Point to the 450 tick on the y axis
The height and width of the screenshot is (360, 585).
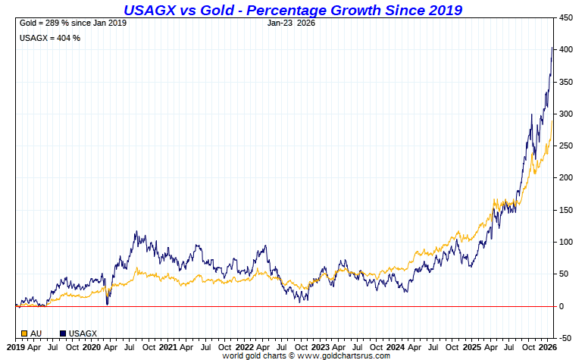pos(566,17)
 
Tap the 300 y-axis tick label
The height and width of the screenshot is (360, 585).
pos(566,114)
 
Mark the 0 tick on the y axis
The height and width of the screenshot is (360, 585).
pos(561,306)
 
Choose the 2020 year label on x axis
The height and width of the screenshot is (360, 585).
pos(91,347)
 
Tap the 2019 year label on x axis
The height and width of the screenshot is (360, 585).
pos(15,347)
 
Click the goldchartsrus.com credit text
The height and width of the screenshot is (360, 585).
pos(306,355)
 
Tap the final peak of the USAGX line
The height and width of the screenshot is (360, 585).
pos(552,47)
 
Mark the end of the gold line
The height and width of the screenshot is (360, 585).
pos(552,121)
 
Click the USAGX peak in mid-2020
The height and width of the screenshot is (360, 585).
pos(136,232)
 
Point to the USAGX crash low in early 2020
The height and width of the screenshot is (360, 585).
pos(107,304)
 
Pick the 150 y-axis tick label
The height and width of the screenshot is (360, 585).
pos(566,210)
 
